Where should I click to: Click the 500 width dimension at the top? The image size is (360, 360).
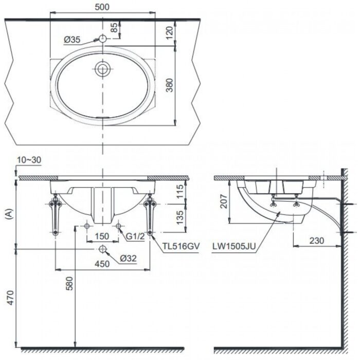point(103,7)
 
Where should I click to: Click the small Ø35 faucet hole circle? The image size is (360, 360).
point(103,39)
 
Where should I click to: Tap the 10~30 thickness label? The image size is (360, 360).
point(29,161)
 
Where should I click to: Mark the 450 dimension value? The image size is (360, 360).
point(103,264)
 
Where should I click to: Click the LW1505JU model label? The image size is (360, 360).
point(233,246)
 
